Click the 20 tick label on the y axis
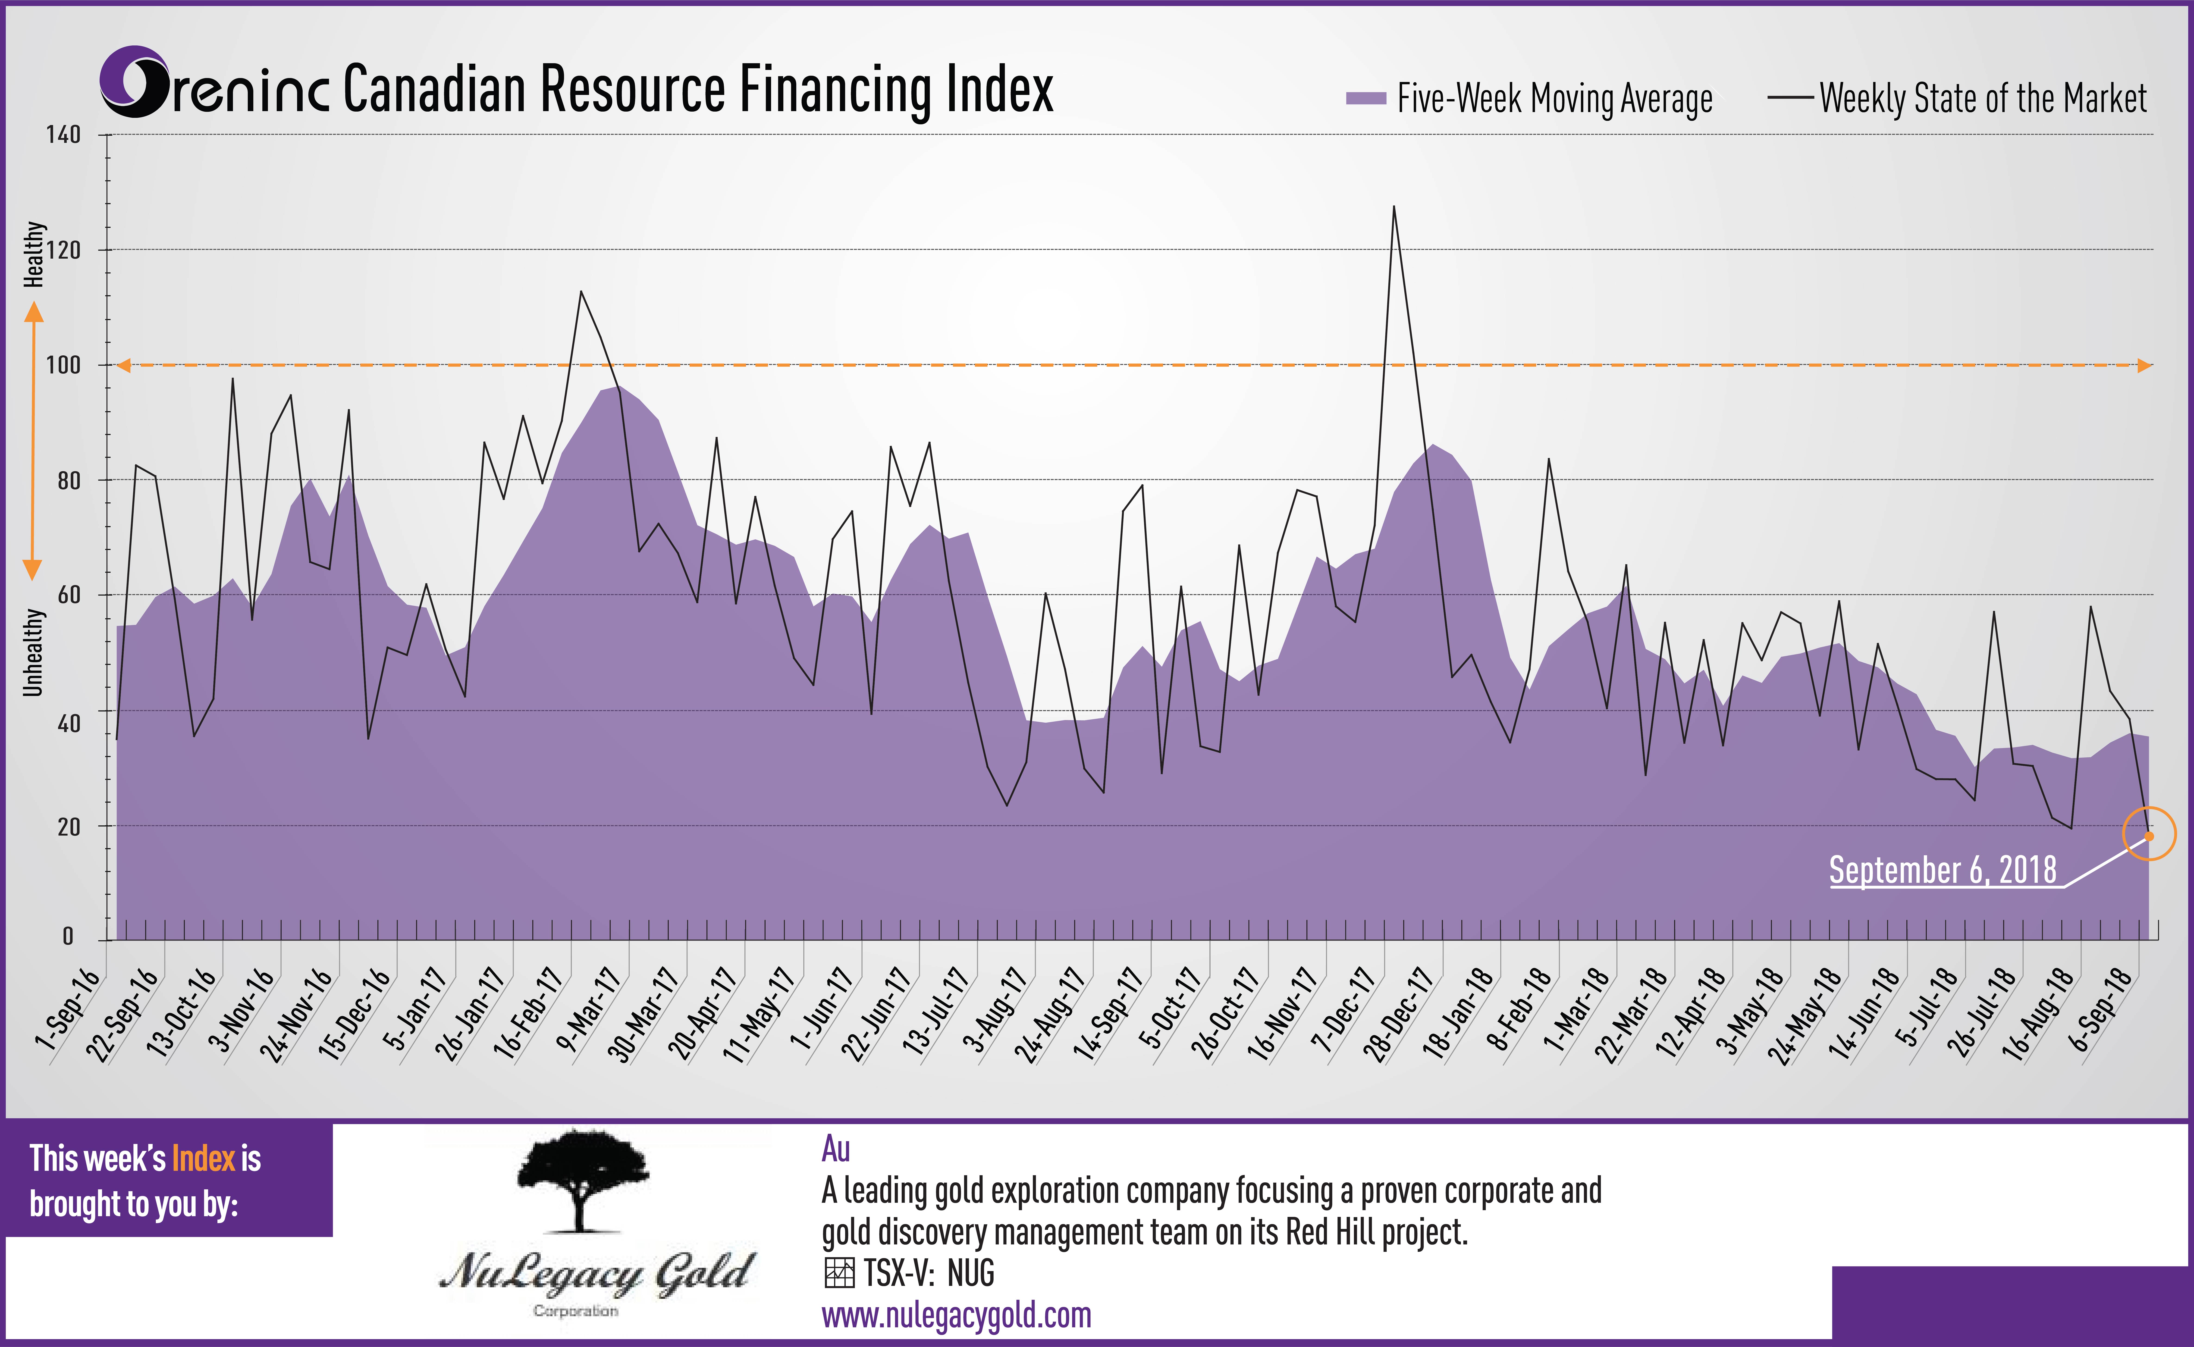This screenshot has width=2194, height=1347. pyautogui.click(x=69, y=827)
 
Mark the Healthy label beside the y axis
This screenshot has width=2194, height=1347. pyautogui.click(x=33, y=255)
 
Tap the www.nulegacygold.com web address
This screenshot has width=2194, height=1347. pyautogui.click(x=956, y=1315)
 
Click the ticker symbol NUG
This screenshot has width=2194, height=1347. pyautogui.click(x=971, y=1273)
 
